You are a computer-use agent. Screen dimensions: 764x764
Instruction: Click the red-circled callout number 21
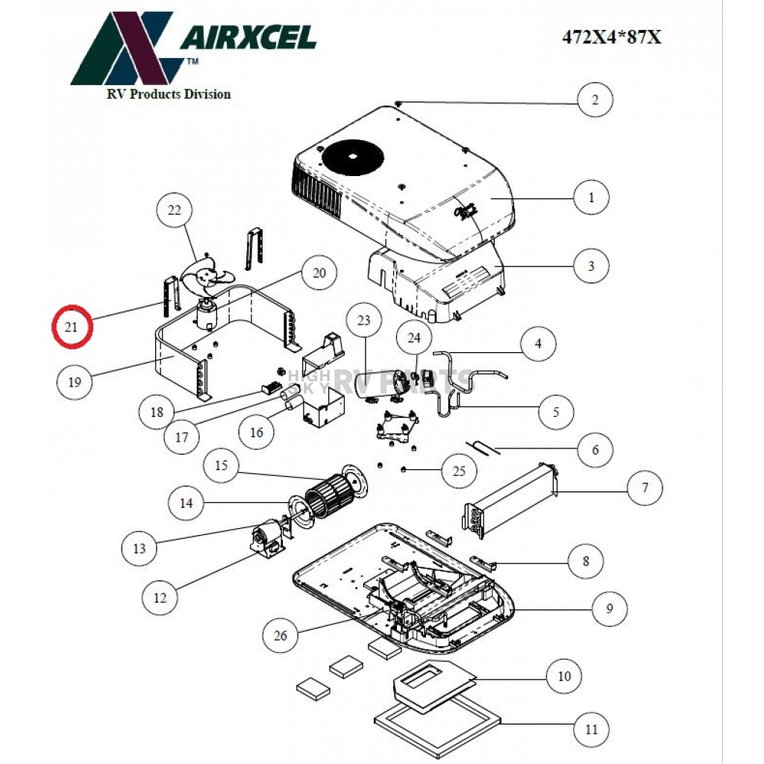click(x=72, y=327)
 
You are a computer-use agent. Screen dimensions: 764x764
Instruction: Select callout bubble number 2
click(x=595, y=99)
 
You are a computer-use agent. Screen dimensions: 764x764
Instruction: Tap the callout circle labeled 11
click(x=591, y=729)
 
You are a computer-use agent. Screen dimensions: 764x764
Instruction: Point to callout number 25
click(x=459, y=470)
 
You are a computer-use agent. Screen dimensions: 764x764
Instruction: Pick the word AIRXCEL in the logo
click(x=248, y=37)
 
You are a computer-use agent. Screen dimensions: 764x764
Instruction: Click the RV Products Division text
click(x=169, y=94)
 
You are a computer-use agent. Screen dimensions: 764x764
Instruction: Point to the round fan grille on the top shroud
click(x=354, y=157)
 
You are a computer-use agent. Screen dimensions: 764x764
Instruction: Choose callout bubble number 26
click(x=281, y=635)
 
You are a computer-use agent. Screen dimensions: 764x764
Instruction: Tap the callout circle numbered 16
click(x=257, y=433)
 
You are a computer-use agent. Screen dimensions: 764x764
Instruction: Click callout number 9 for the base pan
click(x=609, y=609)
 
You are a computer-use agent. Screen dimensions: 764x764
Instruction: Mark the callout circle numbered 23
click(x=364, y=322)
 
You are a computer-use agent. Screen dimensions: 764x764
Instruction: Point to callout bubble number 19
click(x=75, y=382)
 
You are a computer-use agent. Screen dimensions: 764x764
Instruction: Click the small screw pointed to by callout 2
click(x=400, y=102)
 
